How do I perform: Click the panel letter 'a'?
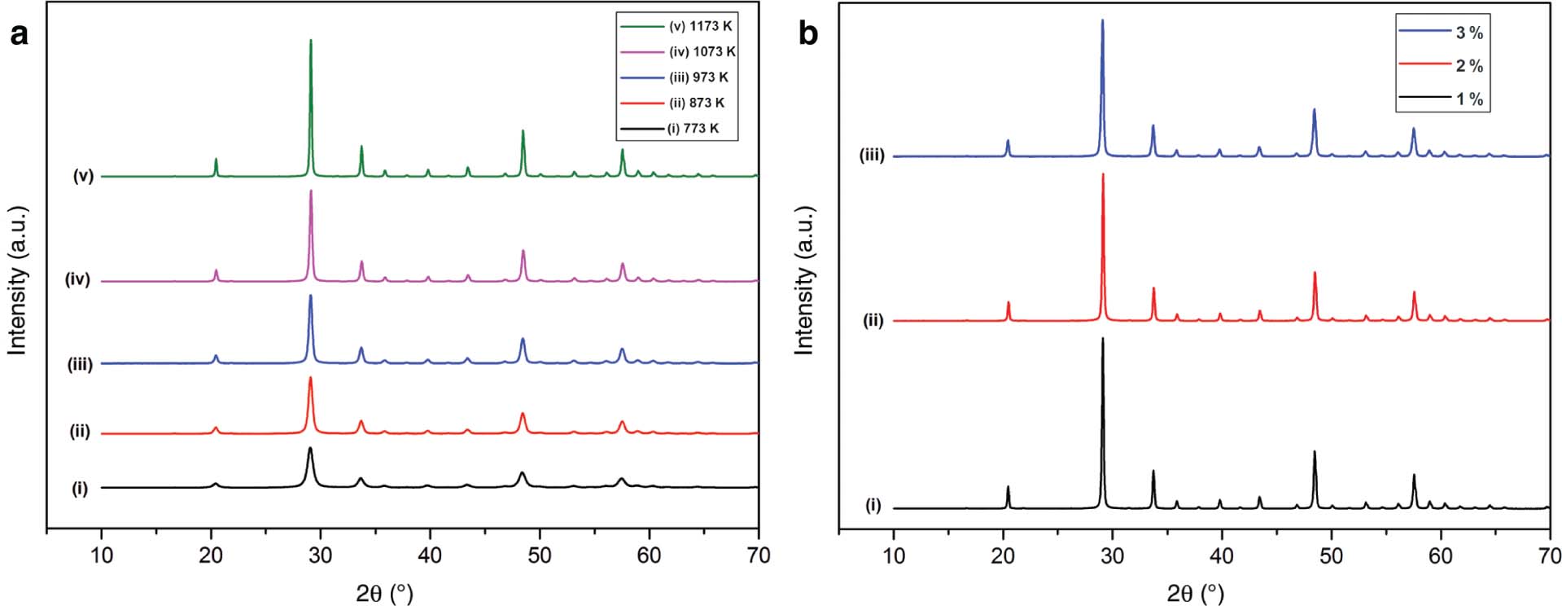coord(18,34)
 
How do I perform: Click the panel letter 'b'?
coord(807,34)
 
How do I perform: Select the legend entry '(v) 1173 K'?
coord(700,26)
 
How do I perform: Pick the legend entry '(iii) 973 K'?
coord(698,77)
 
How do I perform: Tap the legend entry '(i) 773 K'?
coord(693,129)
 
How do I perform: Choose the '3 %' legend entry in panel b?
coord(1469,33)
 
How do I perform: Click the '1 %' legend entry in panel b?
coord(1469,99)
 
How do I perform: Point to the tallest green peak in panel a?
coord(311,41)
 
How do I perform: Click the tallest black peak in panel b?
coord(1103,339)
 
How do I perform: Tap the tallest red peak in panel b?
coord(1103,175)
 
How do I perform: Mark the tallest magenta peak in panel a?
coord(311,192)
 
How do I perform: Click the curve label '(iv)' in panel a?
coord(77,280)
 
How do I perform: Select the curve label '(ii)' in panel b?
coord(873,321)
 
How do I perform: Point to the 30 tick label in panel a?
coord(321,556)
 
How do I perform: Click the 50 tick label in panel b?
coord(1331,556)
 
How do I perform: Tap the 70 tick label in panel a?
coord(758,556)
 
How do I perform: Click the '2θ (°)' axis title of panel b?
coord(1195,593)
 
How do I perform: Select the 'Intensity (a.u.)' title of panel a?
coord(18,280)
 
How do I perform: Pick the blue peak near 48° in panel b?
coord(1314,111)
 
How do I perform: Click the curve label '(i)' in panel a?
coord(80,489)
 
